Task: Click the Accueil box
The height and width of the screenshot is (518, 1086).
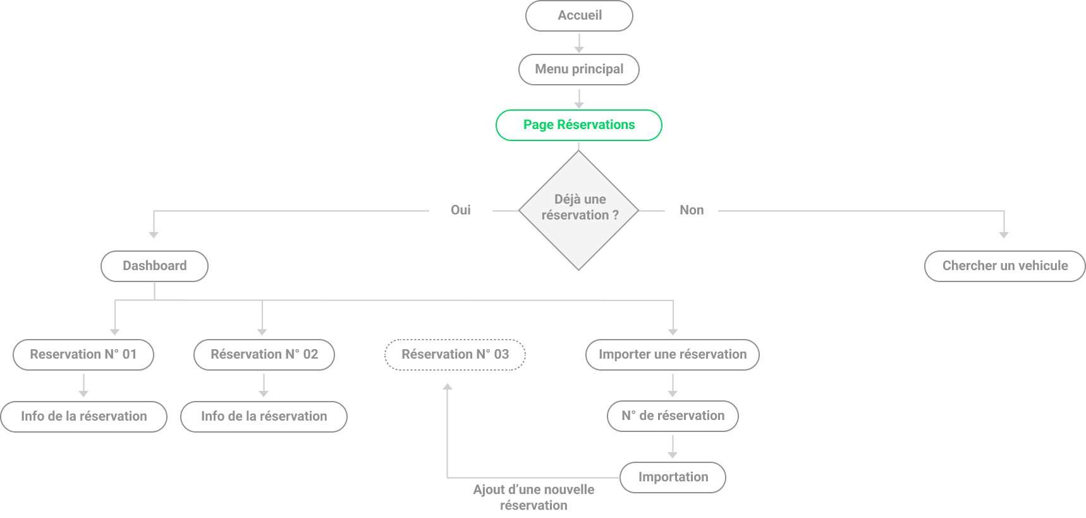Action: point(579,16)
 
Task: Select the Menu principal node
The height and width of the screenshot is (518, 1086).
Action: point(579,70)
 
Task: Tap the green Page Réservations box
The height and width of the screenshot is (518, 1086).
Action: point(579,125)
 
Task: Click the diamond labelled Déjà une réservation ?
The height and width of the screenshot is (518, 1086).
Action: point(579,210)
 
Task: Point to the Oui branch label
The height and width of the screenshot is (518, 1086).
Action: point(461,210)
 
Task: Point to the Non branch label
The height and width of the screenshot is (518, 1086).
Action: point(692,210)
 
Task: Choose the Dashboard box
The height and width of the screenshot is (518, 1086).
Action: point(155,266)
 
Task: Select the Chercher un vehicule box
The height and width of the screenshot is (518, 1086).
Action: point(1005,266)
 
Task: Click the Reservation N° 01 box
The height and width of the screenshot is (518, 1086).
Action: point(83,355)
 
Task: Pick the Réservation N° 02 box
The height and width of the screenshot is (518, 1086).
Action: point(264,355)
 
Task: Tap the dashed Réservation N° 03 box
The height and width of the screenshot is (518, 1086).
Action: point(455,355)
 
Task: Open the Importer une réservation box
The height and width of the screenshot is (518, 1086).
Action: point(673,355)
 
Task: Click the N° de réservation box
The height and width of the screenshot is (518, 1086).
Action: point(673,416)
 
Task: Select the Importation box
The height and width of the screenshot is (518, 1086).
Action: point(673,478)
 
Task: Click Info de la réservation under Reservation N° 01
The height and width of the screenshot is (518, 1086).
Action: point(84,417)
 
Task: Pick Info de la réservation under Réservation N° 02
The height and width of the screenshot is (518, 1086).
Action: point(264,417)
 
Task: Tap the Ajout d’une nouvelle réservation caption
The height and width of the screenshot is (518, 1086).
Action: point(534,497)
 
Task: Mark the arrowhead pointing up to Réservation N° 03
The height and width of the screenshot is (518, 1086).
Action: point(448,386)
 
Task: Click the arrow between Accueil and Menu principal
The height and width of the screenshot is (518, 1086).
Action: point(579,42)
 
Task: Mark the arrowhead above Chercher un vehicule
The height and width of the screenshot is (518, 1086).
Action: point(1004,235)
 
